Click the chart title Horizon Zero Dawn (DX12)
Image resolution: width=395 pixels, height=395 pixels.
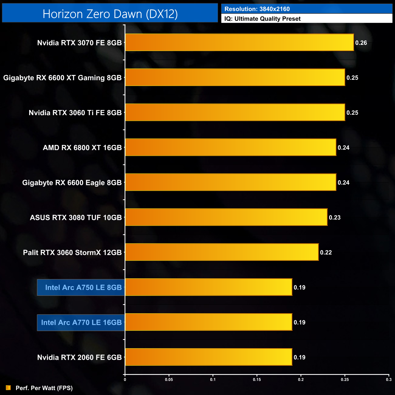tap(110, 14)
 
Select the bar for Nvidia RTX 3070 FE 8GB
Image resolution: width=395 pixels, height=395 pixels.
tap(239, 43)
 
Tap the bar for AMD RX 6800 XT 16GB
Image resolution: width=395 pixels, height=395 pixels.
tap(231, 147)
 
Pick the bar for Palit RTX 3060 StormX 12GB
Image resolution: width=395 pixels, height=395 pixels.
tap(222, 252)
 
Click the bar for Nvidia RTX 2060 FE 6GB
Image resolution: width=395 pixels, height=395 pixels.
tap(208, 357)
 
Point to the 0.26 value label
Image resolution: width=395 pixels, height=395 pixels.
tap(361, 43)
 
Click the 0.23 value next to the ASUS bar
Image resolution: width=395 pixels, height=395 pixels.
tap(335, 218)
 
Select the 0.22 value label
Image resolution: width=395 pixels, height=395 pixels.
tap(326, 252)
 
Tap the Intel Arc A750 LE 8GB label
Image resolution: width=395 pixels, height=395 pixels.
tap(83, 287)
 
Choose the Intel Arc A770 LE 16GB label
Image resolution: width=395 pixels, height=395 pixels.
tap(81, 322)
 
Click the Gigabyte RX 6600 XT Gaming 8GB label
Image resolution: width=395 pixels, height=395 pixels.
tap(62, 78)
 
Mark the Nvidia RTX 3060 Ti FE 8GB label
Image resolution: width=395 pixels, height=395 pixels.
tap(75, 113)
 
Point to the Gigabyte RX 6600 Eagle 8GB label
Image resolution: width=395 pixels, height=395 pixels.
tap(72, 183)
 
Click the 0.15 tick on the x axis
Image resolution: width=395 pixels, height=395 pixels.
tap(257, 380)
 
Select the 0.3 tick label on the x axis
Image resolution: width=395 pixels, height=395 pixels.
tap(389, 380)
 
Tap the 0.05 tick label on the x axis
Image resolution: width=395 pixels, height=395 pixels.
tap(169, 380)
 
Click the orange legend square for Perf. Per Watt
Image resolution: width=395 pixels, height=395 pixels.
tap(9, 388)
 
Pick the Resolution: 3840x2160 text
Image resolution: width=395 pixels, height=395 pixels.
tap(257, 9)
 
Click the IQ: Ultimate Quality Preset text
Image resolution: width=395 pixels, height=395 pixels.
tap(263, 19)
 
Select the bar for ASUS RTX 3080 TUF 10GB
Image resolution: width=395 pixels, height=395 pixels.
tap(226, 217)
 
